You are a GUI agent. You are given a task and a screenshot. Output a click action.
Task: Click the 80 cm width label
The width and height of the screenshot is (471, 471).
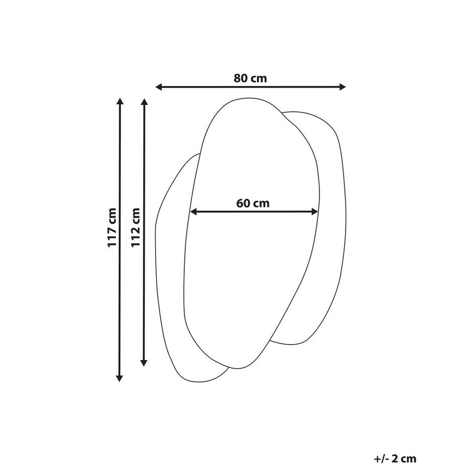250,78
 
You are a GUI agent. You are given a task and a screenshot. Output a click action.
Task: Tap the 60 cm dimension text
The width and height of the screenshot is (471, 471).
253,203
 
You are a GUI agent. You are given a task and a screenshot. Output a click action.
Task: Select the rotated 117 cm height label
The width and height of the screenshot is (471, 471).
112,228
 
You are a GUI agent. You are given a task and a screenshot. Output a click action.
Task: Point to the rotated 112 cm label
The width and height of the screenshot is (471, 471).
136,227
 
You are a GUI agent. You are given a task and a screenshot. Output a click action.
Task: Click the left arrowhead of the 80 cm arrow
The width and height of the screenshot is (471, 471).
159,87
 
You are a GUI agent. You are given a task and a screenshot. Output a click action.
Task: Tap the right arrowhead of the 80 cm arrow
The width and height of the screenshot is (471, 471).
342,87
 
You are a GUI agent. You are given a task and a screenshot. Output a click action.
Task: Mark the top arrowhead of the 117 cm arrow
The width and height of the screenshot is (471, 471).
120,102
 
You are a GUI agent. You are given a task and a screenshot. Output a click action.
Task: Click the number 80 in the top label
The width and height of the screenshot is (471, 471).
241,78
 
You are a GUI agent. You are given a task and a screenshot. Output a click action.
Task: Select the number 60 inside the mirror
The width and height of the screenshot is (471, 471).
243,203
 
